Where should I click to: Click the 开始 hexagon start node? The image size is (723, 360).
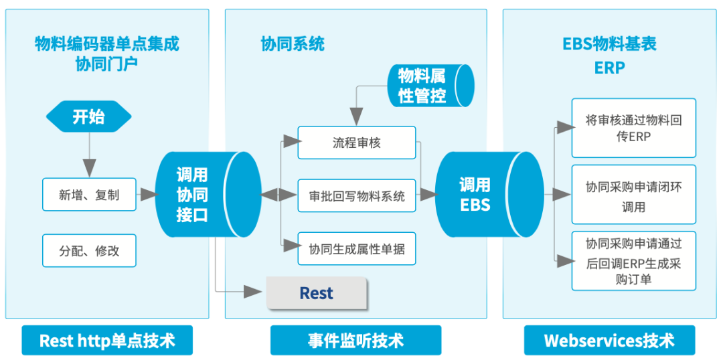pos(88,117)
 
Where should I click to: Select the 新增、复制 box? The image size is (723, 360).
pos(89,195)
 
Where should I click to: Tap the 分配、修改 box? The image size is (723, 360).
pos(89,251)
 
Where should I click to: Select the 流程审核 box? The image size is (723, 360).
pos(357,143)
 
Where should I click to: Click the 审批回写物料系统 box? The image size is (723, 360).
pos(357,196)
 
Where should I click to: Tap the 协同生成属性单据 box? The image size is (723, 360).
pos(357,249)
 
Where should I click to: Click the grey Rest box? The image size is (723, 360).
pos(317,293)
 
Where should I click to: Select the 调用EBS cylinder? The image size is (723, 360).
pos(478,195)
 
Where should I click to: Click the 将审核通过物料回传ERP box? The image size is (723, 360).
pos(633,128)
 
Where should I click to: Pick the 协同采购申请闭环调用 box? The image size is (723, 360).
pos(633,197)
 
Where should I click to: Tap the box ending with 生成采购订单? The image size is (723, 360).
pos(633,261)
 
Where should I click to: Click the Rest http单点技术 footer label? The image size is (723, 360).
pos(107,341)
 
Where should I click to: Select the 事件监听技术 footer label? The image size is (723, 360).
pos(355,341)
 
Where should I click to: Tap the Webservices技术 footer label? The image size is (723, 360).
pos(609,341)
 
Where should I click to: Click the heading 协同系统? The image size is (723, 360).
pos(293,44)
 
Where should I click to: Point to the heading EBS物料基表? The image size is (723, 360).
pos(609,44)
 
